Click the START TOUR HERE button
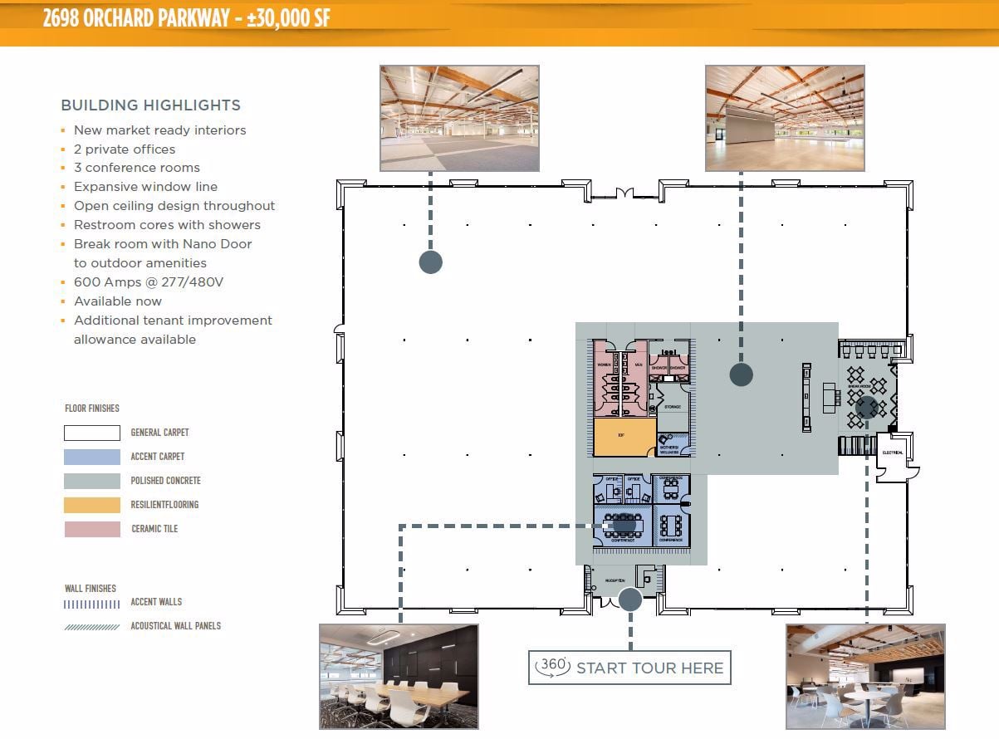629,668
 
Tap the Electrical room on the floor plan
894,453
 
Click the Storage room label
673,408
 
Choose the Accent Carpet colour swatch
92,457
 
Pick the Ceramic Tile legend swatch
92,529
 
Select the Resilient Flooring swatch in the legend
92,505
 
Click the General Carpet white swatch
92,433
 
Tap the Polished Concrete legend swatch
92,481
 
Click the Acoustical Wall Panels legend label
175,626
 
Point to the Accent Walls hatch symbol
92,603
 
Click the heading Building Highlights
150,105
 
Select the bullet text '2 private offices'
125,149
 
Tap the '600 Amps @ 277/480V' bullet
149,282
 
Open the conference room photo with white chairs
399,676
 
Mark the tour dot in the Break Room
866,407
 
